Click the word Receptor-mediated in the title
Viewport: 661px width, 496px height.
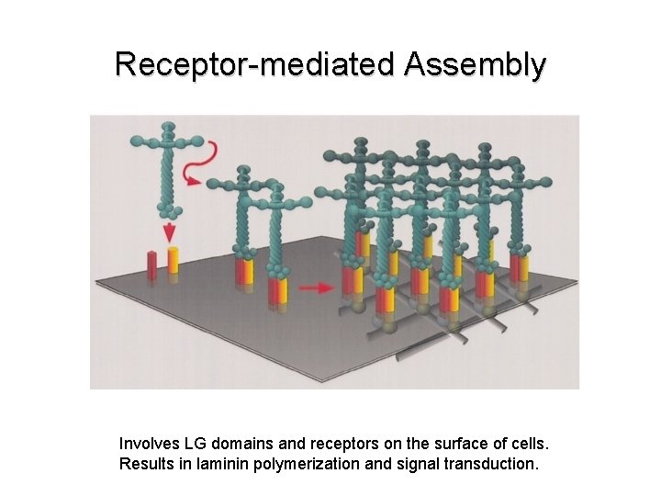(253, 64)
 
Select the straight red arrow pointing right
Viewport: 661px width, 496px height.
(317, 287)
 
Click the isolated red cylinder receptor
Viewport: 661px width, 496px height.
(152, 263)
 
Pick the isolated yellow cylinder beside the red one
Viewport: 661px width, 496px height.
(172, 259)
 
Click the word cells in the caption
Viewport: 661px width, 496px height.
(527, 443)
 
